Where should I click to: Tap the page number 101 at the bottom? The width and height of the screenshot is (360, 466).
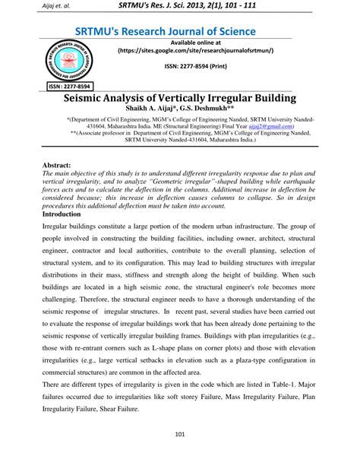point(179,435)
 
